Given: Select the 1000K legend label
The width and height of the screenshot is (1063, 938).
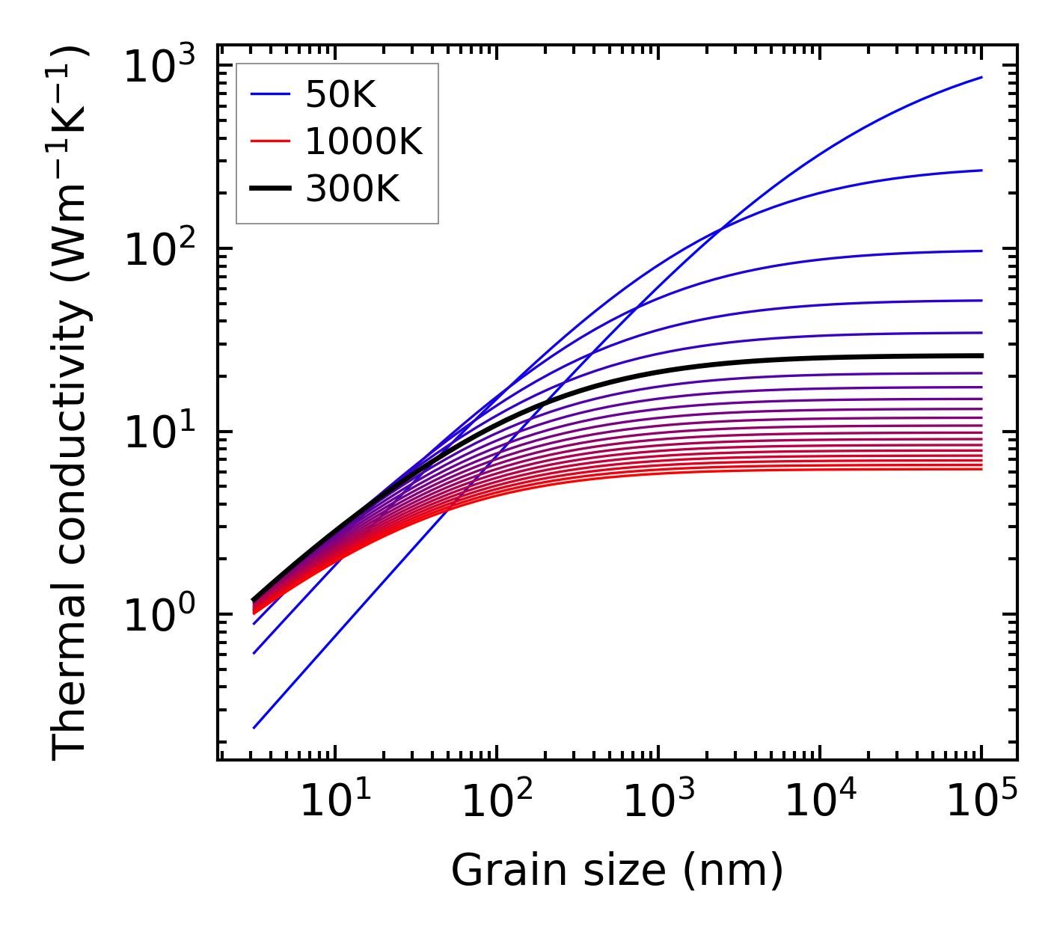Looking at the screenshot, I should tap(364, 141).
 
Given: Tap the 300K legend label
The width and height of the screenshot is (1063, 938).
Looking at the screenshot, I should tap(352, 189).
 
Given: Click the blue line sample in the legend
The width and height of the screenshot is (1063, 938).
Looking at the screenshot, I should tap(269, 94).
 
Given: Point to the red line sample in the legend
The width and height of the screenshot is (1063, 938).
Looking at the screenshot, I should tap(269, 141).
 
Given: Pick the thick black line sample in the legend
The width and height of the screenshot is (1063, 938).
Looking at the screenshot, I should tap(269, 189).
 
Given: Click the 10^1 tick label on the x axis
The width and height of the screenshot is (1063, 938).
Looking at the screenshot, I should tap(334, 803).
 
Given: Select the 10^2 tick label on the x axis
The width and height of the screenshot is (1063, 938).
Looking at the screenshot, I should tap(496, 803).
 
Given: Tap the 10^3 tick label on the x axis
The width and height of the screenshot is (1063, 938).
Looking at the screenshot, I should tap(658, 803).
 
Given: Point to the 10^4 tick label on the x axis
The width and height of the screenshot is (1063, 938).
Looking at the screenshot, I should tap(819, 803).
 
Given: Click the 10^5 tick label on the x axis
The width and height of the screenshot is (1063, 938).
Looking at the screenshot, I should tap(981, 803).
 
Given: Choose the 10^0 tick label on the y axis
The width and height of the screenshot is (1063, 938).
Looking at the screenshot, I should tap(159, 615).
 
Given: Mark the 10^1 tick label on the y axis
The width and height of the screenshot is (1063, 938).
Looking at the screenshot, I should tap(159, 432).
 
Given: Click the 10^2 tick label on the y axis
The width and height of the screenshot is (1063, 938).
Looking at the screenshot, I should tap(159, 249).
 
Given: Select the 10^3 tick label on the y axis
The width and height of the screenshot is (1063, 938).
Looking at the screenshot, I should tap(159, 67).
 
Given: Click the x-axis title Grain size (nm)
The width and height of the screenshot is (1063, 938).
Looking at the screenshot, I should tap(617, 870).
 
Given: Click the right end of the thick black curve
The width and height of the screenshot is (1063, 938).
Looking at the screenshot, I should tap(981, 355).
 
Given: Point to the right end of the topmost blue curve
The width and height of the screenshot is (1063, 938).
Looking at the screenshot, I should tap(981, 77).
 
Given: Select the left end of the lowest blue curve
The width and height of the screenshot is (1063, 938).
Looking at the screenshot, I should tap(254, 727).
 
